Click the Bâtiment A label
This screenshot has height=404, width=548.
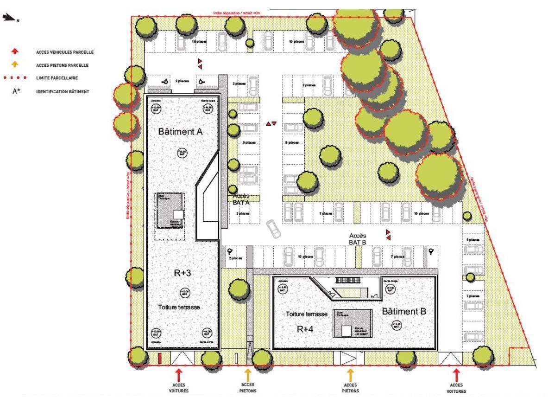click(x=181, y=132)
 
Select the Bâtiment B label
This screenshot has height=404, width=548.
click(x=404, y=311)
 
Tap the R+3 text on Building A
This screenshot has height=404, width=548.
click(x=183, y=273)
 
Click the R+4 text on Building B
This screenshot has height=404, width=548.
click(x=306, y=329)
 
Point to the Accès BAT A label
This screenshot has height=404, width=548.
click(x=241, y=199)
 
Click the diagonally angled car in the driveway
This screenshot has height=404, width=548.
click(x=274, y=229)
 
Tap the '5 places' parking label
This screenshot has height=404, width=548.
click(x=473, y=240)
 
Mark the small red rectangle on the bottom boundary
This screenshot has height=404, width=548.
click(x=159, y=358)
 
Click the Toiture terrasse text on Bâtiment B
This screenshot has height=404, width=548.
click(x=307, y=314)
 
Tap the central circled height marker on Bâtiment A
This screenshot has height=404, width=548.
click(x=182, y=152)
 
